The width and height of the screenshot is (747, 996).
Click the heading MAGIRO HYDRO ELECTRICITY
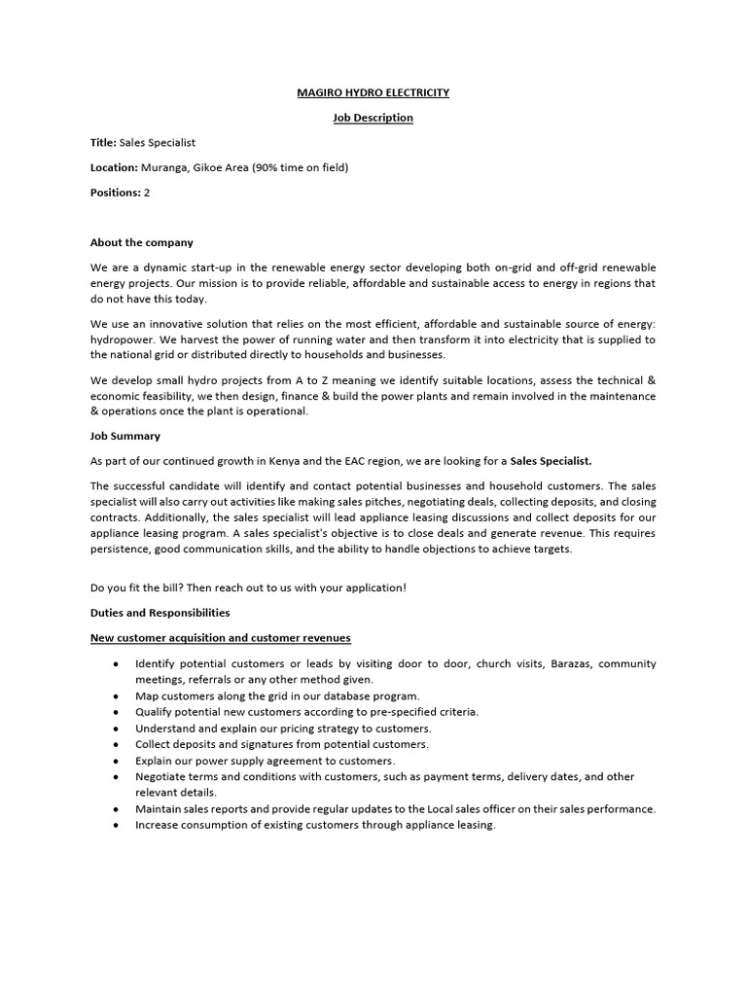[x=373, y=92]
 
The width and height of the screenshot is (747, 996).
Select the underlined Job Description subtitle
[x=373, y=118]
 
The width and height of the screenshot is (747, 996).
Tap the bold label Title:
[x=103, y=143]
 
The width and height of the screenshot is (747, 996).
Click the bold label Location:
[x=114, y=168]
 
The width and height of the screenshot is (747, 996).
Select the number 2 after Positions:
[x=147, y=193]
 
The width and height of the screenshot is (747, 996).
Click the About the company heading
[x=141, y=242]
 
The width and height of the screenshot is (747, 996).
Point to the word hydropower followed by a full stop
[x=121, y=339]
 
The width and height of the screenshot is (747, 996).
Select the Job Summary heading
[x=125, y=436]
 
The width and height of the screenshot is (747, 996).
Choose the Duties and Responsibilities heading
[x=160, y=613]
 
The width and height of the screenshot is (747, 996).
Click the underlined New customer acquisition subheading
[x=220, y=638]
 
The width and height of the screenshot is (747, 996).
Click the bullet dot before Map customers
[x=116, y=696]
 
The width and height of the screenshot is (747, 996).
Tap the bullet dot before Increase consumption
[x=116, y=825]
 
